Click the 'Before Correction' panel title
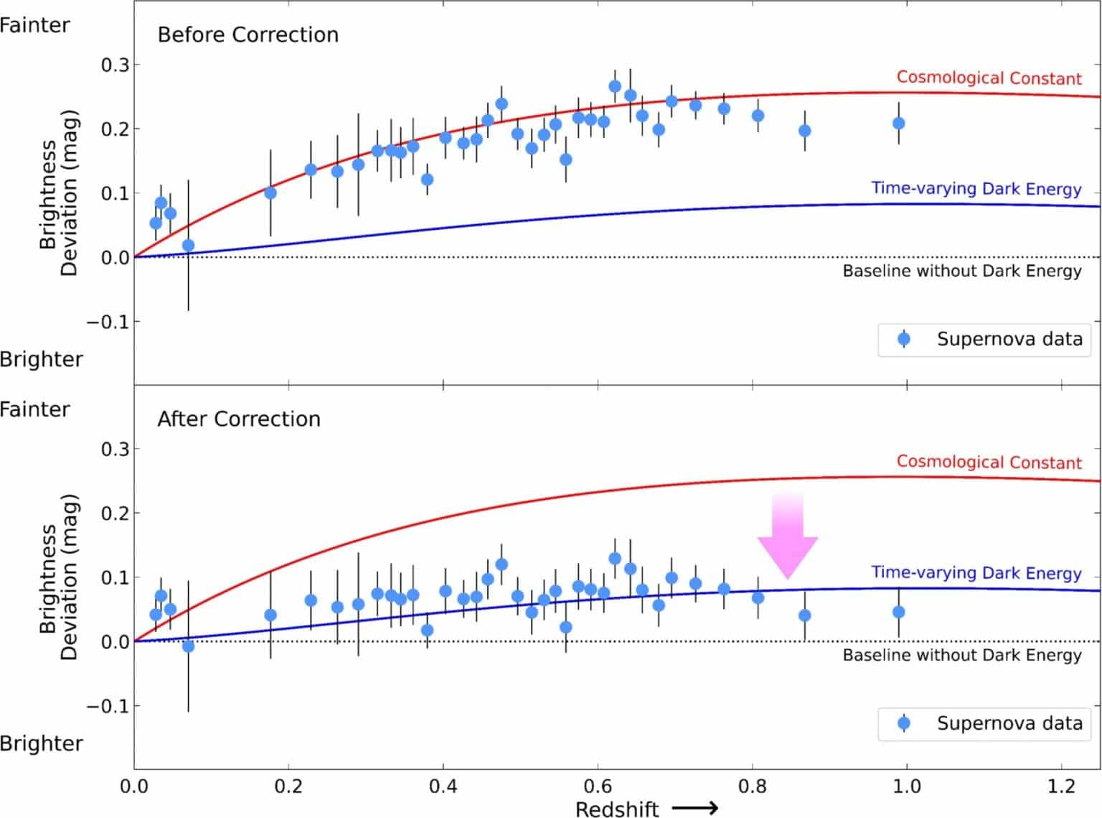click(x=248, y=34)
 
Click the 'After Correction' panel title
click(x=238, y=419)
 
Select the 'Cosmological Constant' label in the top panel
click(x=989, y=78)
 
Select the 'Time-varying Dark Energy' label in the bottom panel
click(x=976, y=572)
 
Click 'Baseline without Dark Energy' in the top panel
click(x=961, y=271)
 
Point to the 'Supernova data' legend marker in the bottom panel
click(x=904, y=723)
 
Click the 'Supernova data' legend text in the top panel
click(x=1009, y=339)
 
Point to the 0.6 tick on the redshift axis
click(x=597, y=786)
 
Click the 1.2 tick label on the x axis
click(x=1061, y=786)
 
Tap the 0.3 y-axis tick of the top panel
click(x=115, y=65)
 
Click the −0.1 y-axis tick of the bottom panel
click(x=108, y=706)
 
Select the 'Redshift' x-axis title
click(x=617, y=809)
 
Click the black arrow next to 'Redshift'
click(x=695, y=809)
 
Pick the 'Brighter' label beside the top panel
click(x=41, y=359)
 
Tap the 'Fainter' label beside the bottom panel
click(x=35, y=409)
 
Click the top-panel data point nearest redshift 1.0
click(x=898, y=124)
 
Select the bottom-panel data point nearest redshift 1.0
click(x=898, y=612)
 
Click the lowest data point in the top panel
click(x=188, y=246)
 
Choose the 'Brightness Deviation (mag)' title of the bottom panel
click(x=58, y=577)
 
